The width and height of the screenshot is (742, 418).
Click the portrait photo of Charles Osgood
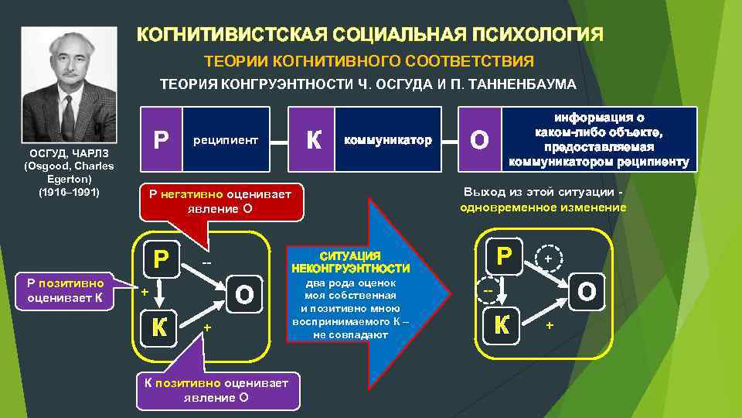(69, 85)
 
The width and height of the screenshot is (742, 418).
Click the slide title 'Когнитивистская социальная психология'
(370, 36)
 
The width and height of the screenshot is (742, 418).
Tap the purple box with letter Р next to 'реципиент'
(160, 140)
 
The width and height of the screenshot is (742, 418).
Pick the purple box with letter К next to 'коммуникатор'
(312, 140)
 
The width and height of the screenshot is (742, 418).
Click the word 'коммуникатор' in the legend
(387, 141)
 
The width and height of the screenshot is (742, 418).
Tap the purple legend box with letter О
(479, 140)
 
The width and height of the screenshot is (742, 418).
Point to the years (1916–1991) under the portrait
(69, 190)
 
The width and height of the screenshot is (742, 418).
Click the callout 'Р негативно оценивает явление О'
(214, 201)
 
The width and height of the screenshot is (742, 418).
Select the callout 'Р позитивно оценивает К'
(69, 289)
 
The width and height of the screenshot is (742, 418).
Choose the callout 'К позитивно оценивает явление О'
(217, 390)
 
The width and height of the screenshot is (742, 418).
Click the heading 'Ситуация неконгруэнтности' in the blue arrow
(350, 262)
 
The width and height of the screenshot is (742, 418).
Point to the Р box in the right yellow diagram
(504, 255)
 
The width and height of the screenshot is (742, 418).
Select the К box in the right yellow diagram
(502, 324)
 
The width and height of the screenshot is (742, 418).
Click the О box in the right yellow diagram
(587, 292)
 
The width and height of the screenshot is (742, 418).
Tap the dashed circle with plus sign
(548, 257)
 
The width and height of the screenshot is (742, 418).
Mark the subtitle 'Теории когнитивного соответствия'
(369, 60)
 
